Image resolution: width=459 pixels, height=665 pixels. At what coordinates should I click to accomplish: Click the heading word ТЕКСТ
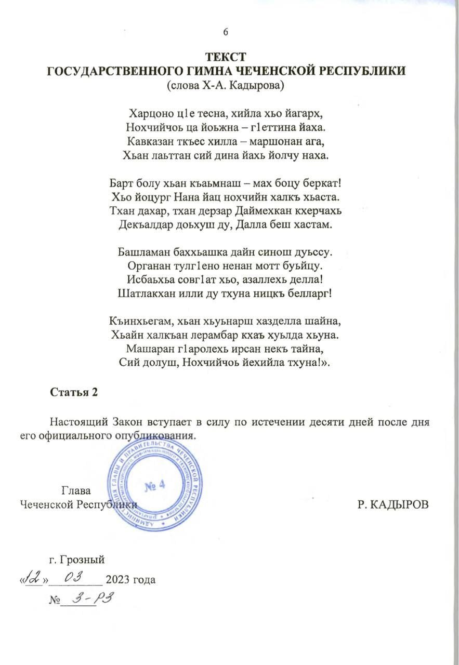coord(225,57)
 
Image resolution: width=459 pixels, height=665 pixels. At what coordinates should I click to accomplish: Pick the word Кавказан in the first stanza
coord(146,141)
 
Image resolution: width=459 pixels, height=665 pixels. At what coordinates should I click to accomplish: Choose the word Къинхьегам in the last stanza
coord(139,321)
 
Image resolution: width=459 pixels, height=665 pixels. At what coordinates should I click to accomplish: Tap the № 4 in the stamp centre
coord(153,485)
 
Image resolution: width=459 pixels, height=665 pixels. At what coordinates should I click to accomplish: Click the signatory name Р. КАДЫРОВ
coord(394,504)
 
